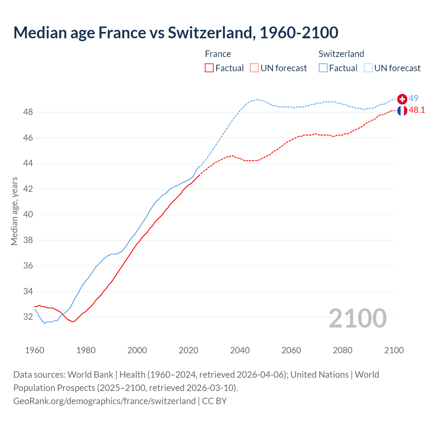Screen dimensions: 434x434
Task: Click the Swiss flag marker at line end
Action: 402,99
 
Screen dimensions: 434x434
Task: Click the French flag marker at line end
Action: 402,111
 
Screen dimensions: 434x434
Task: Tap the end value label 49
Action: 413,98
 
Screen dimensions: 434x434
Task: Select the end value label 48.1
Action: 417,110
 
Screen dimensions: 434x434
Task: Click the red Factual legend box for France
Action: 209,68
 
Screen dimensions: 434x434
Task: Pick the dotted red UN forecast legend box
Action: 254,68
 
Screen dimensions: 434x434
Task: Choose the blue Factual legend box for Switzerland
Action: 323,68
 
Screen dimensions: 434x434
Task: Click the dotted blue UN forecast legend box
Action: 368,68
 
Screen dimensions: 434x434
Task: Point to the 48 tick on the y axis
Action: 28,112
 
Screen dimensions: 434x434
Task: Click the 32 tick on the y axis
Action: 28,317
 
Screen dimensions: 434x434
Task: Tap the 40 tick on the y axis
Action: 28,215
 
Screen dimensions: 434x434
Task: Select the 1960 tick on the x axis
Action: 35,350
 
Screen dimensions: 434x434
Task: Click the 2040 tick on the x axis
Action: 240,350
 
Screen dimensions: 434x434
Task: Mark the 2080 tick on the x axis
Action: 342,350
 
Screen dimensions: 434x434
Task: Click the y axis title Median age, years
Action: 14,211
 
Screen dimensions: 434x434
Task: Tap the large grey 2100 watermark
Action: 357,318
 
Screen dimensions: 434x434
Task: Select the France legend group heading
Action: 218,54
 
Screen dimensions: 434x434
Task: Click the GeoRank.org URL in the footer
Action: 104,401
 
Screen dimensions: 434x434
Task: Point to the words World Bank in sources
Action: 90,375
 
